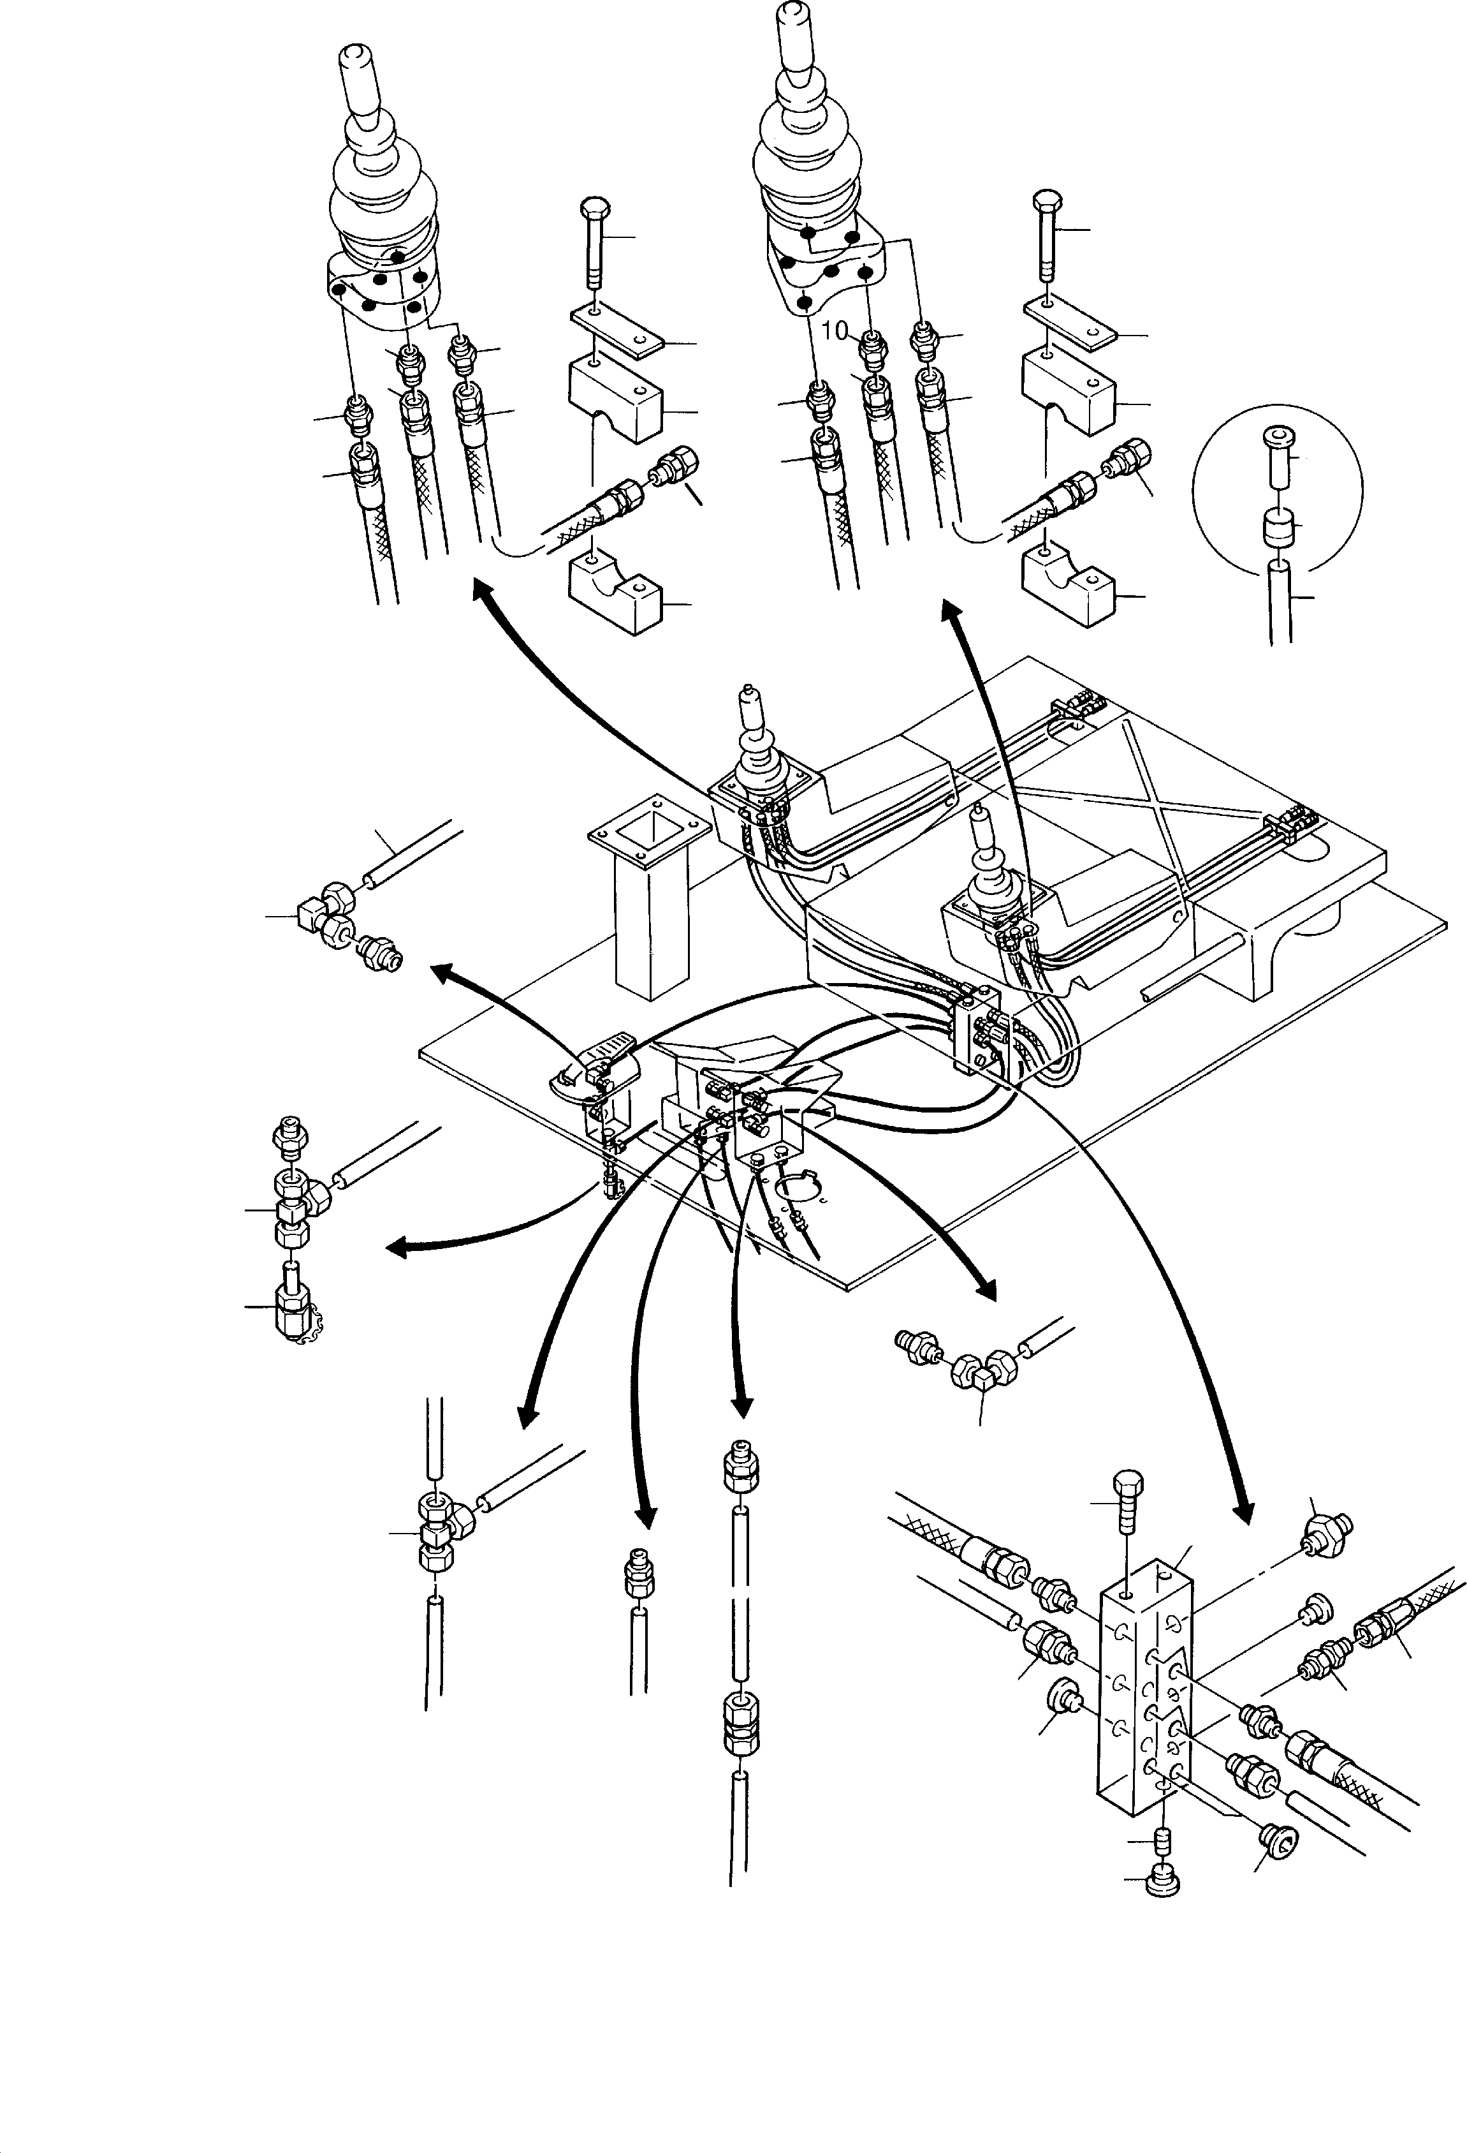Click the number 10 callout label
[x=835, y=330]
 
